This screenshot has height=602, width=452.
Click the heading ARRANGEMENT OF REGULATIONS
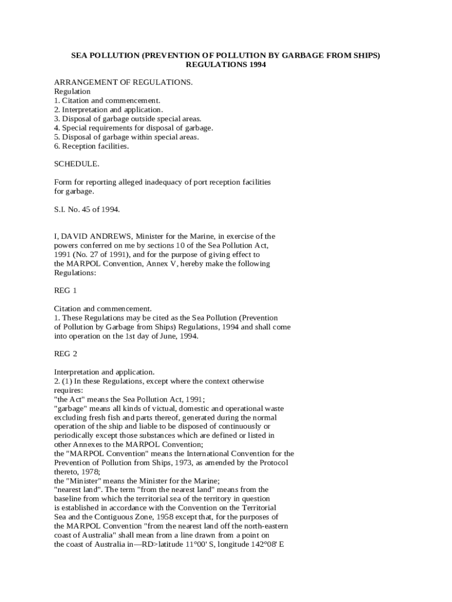tap(123, 82)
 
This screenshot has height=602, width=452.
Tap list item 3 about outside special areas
tap(127, 119)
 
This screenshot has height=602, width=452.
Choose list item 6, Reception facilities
tap(91, 146)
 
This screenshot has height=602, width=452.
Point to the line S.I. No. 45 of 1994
tap(87, 209)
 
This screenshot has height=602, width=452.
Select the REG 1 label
tap(66, 290)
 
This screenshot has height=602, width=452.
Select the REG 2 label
tap(66, 354)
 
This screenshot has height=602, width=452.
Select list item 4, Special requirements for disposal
tap(133, 128)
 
